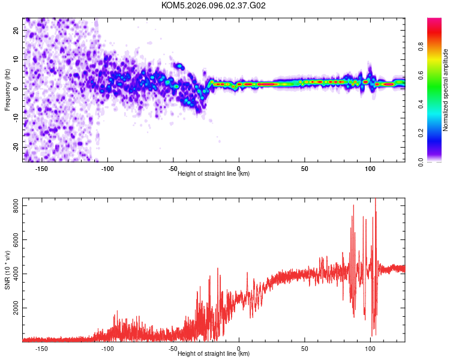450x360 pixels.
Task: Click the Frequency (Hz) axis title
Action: point(7,90)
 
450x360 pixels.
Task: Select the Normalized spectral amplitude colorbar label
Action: point(446,90)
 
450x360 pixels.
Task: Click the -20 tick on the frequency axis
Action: point(16,147)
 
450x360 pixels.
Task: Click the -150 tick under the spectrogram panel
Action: point(42,169)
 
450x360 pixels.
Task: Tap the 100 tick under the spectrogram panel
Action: point(370,169)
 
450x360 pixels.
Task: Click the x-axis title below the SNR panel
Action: point(214,354)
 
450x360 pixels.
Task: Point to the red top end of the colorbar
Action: point(434,20)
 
